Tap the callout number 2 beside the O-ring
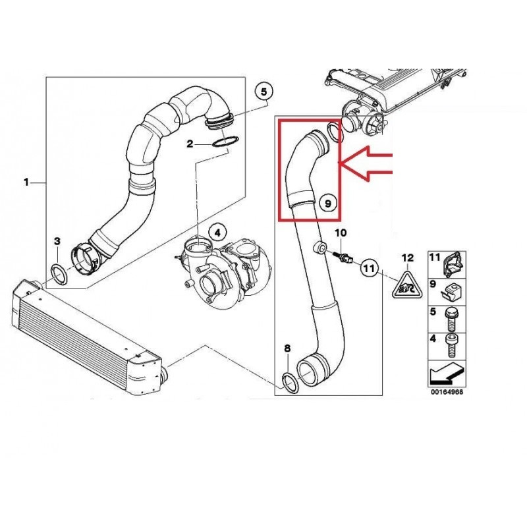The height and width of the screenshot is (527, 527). (x=190, y=143)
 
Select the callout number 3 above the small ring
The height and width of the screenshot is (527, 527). (x=57, y=242)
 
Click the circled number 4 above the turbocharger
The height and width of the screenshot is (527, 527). (x=216, y=231)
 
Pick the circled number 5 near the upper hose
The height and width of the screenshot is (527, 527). (x=263, y=92)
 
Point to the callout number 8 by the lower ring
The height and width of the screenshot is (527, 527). (x=287, y=348)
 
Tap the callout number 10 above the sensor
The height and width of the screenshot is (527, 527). (x=340, y=233)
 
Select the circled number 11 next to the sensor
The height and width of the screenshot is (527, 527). (x=370, y=268)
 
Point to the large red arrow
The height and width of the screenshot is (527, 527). (x=370, y=163)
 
